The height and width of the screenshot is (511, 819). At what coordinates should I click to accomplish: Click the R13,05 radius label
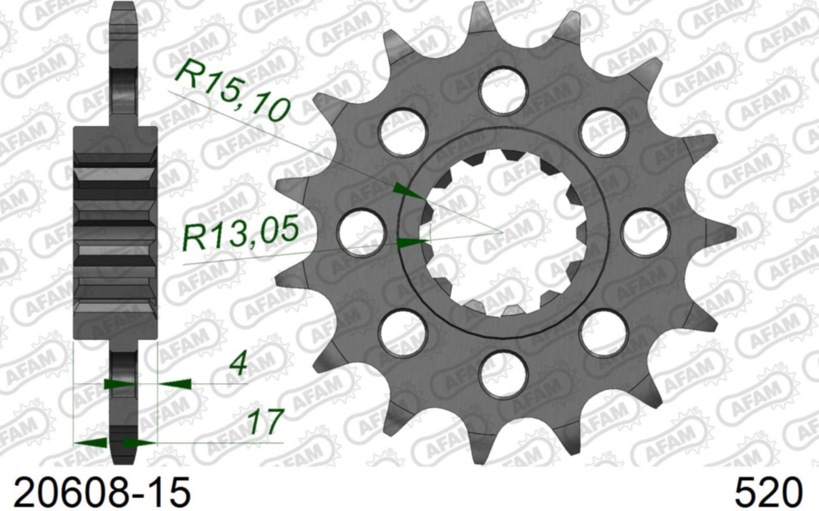pos(239,236)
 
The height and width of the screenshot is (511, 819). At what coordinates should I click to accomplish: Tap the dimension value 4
pos(238,364)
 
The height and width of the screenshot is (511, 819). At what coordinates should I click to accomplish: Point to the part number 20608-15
pos(96,492)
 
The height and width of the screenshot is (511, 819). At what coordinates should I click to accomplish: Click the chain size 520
pos(768,492)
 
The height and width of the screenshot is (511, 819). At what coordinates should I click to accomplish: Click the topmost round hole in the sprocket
pos(502,90)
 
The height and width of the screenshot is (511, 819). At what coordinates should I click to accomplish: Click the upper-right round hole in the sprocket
pos(603,132)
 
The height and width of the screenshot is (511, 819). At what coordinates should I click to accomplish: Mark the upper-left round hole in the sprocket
pos(403,132)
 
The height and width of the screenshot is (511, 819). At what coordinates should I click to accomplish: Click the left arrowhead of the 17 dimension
pos(92,442)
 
